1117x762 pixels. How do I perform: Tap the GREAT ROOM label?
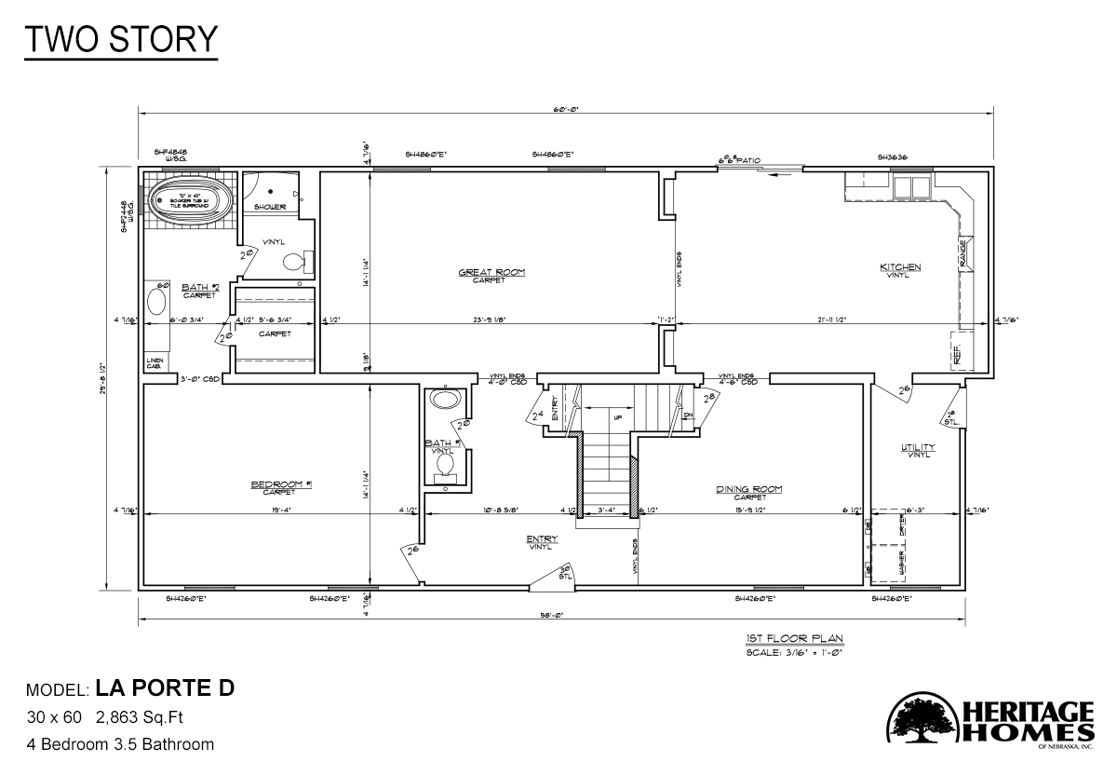(491, 273)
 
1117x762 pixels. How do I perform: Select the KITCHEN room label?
(900, 268)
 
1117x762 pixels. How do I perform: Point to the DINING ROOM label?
(748, 489)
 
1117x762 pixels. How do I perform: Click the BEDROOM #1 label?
(280, 484)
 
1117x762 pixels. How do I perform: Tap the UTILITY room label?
(918, 448)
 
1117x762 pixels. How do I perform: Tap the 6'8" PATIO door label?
(739, 160)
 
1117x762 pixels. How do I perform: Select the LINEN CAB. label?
(154, 363)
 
